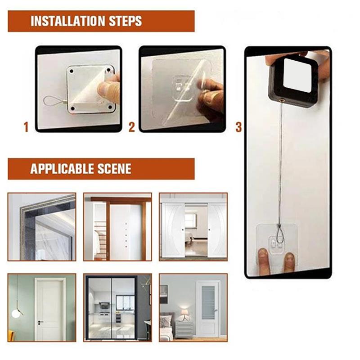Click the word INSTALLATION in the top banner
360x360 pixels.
tap(68, 21)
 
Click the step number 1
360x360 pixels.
tap(26, 128)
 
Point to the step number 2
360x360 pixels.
tap(131, 128)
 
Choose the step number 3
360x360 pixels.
tap(238, 128)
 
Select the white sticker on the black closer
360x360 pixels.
tap(297, 74)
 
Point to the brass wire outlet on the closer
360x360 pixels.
tap(282, 98)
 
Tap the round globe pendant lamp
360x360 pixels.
tap(17, 313)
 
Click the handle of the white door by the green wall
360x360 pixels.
tap(40, 323)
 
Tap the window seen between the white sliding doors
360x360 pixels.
tap(191, 220)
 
